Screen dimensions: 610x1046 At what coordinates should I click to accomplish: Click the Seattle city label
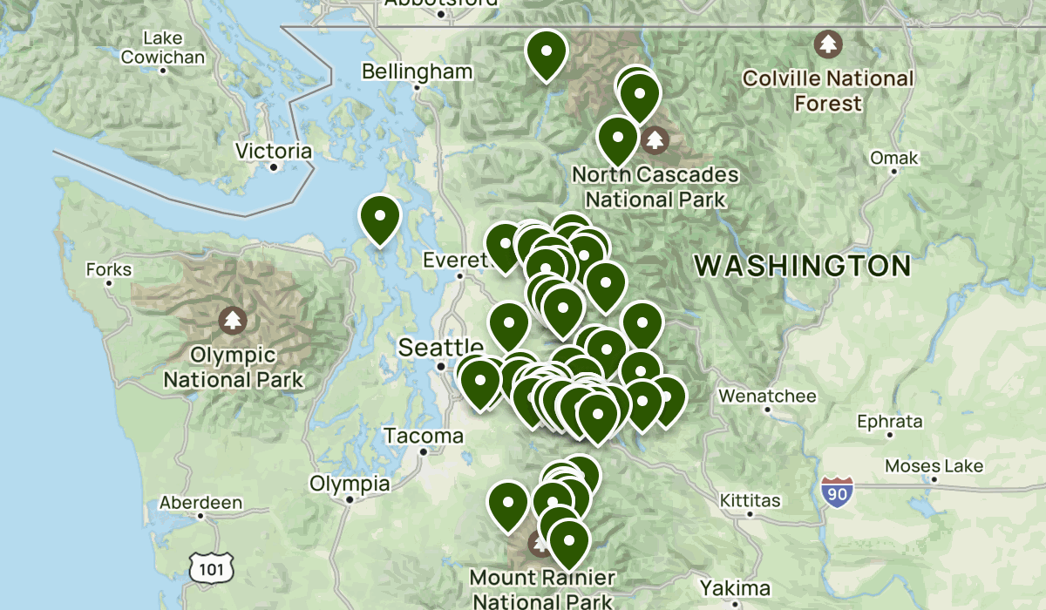pyautogui.click(x=440, y=347)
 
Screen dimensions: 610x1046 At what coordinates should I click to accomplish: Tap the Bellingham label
pyautogui.click(x=418, y=71)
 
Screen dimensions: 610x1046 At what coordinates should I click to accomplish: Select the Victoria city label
pyautogui.click(x=274, y=151)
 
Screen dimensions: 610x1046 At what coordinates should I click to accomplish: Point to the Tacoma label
pyautogui.click(x=424, y=436)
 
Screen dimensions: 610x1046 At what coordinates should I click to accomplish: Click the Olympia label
pyautogui.click(x=350, y=484)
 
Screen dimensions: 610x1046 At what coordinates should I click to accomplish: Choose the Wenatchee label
pyautogui.click(x=767, y=396)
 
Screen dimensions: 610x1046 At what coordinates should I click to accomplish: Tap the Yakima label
pyautogui.click(x=735, y=586)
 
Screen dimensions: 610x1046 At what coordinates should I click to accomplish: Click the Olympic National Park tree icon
pyautogui.click(x=232, y=321)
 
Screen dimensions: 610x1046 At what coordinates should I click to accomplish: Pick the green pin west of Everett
pyautogui.click(x=380, y=218)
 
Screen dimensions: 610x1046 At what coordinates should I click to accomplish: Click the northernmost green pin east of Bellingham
pyautogui.click(x=547, y=54)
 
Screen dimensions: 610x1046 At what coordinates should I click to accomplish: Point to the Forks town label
pyautogui.click(x=109, y=270)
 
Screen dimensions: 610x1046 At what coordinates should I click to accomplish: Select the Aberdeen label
pyautogui.click(x=200, y=503)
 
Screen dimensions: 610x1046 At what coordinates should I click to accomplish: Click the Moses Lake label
pyautogui.click(x=934, y=466)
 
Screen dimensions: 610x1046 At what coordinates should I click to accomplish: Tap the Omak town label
pyautogui.click(x=894, y=159)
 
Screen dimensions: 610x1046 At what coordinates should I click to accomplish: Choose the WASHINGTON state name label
pyautogui.click(x=802, y=266)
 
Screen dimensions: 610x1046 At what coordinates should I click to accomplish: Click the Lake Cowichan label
pyautogui.click(x=163, y=48)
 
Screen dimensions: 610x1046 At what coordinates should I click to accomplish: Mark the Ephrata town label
pyautogui.click(x=889, y=422)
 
